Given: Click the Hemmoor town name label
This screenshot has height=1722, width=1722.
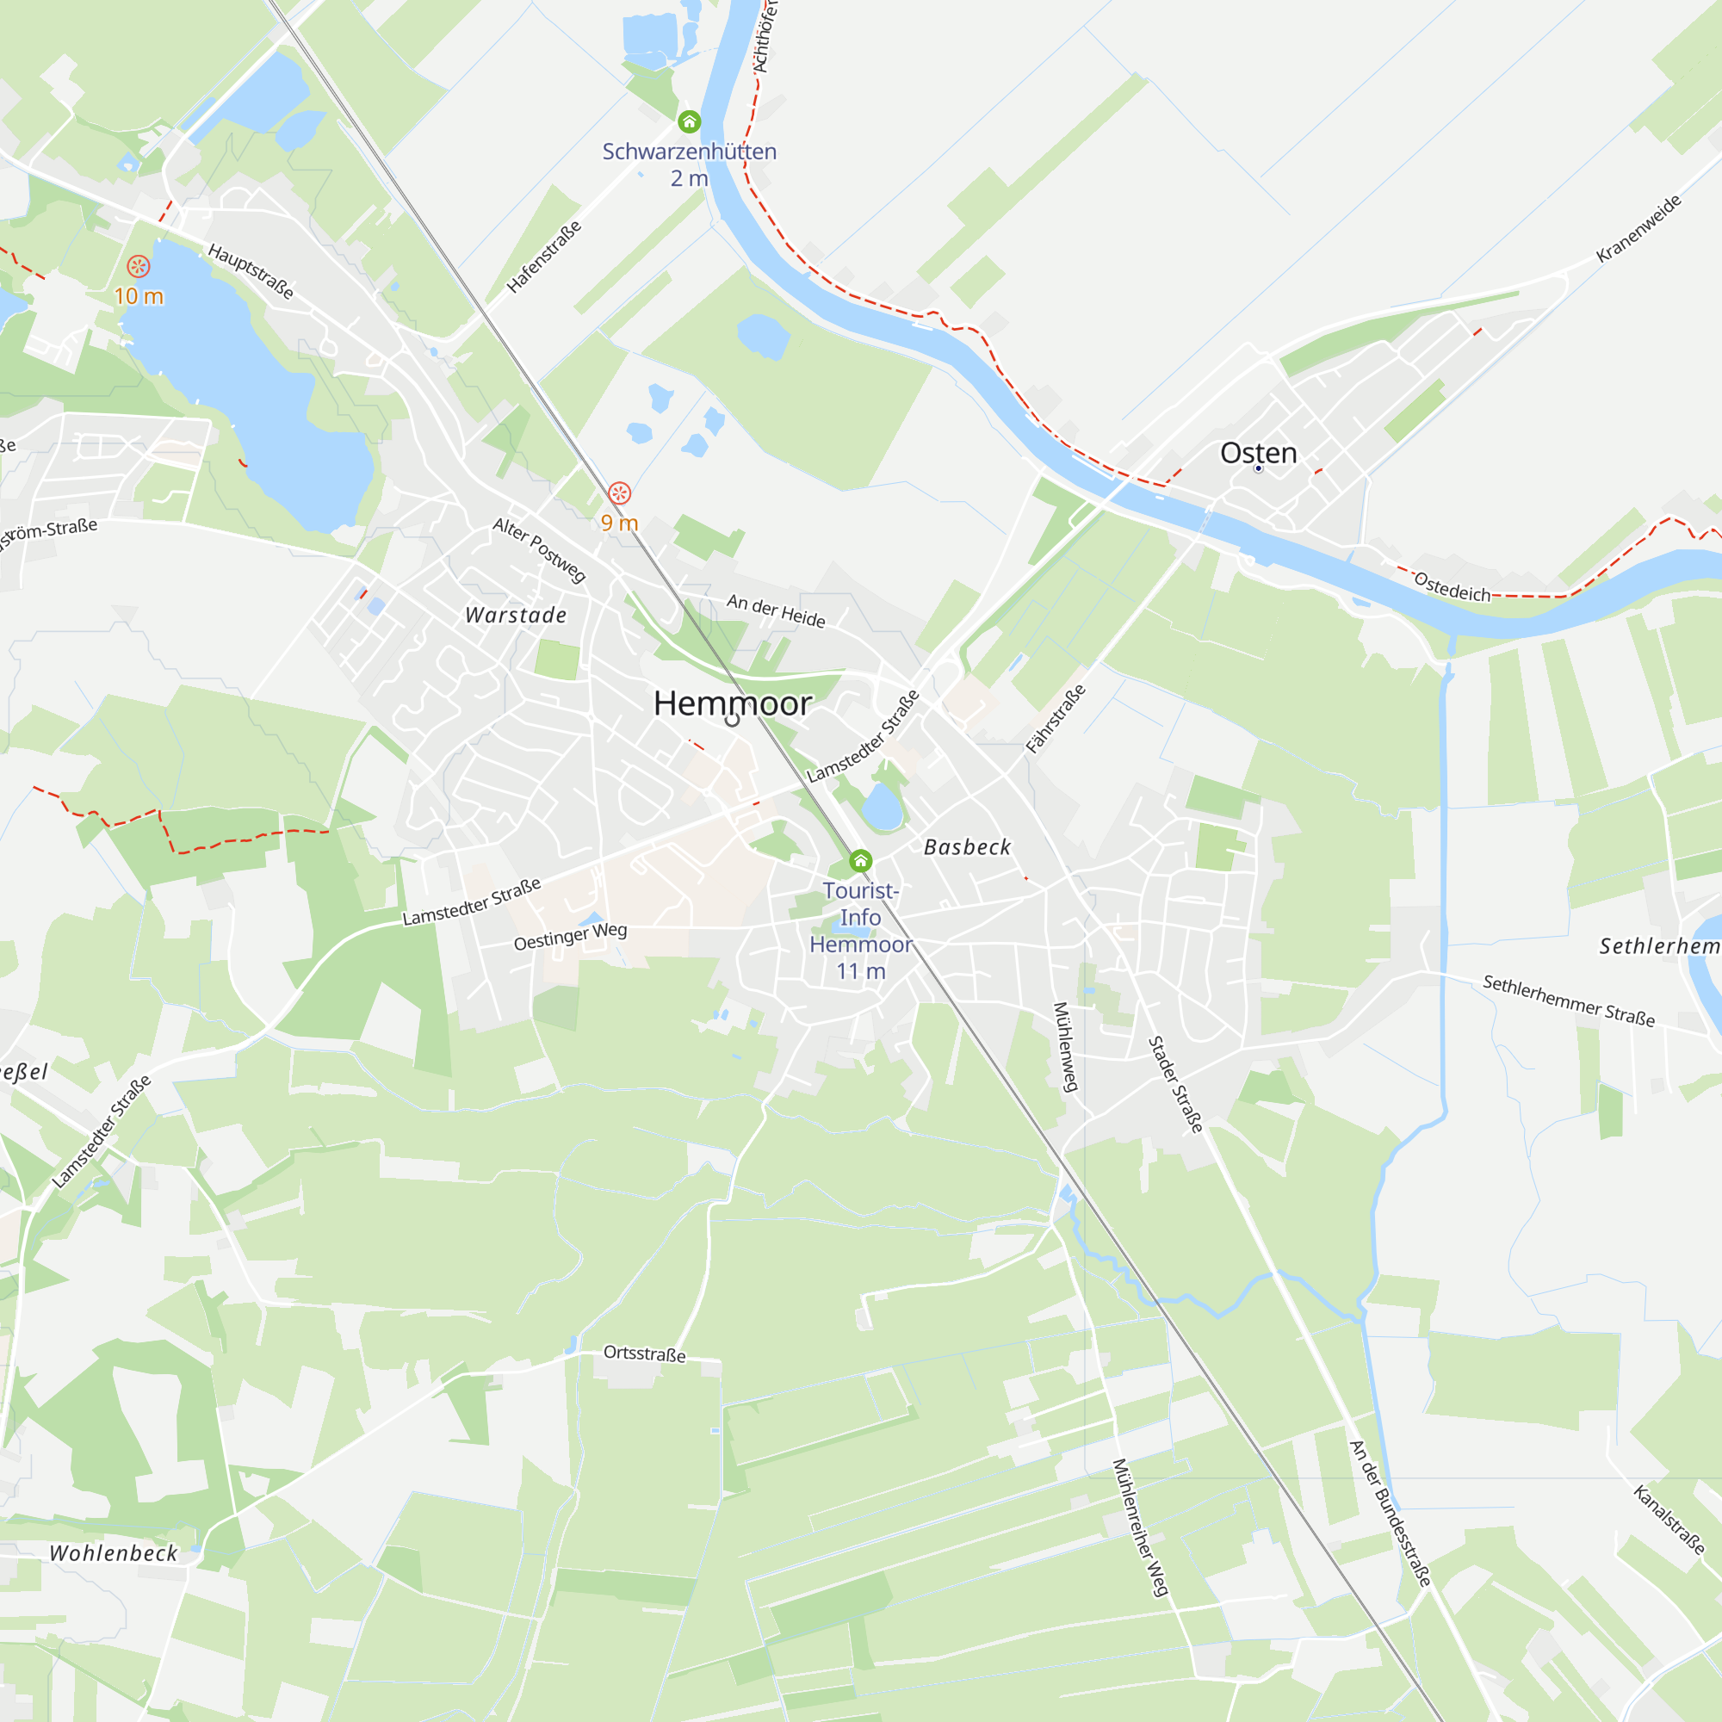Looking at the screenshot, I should point(732,704).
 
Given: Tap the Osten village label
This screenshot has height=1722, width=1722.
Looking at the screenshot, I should point(1258,453).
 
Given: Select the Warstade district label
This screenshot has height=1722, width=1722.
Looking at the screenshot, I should point(516,615).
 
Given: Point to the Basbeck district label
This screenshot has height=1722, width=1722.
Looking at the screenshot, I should point(967,846).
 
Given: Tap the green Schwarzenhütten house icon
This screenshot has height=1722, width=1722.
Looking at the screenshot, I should point(689,121).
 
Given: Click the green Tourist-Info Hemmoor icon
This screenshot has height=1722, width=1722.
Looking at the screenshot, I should point(860,861).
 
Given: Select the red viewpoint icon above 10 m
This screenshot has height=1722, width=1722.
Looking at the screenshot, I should point(138,265).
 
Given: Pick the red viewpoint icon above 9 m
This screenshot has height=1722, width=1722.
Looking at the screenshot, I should point(619,492).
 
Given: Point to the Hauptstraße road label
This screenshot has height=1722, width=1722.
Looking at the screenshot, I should point(251,271).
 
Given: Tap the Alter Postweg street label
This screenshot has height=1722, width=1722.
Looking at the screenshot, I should point(539,550).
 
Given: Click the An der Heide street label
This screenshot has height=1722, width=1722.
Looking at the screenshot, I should point(776,610).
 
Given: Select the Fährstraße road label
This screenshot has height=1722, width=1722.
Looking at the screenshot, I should point(1056,718).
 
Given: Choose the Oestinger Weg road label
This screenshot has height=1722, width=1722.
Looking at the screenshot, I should point(571,936).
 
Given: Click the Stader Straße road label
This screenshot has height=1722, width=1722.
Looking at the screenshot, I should point(1175,1084).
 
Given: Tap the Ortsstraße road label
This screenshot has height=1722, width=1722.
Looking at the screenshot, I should point(644,1353).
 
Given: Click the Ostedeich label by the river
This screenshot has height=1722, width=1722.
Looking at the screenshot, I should point(1452,587).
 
